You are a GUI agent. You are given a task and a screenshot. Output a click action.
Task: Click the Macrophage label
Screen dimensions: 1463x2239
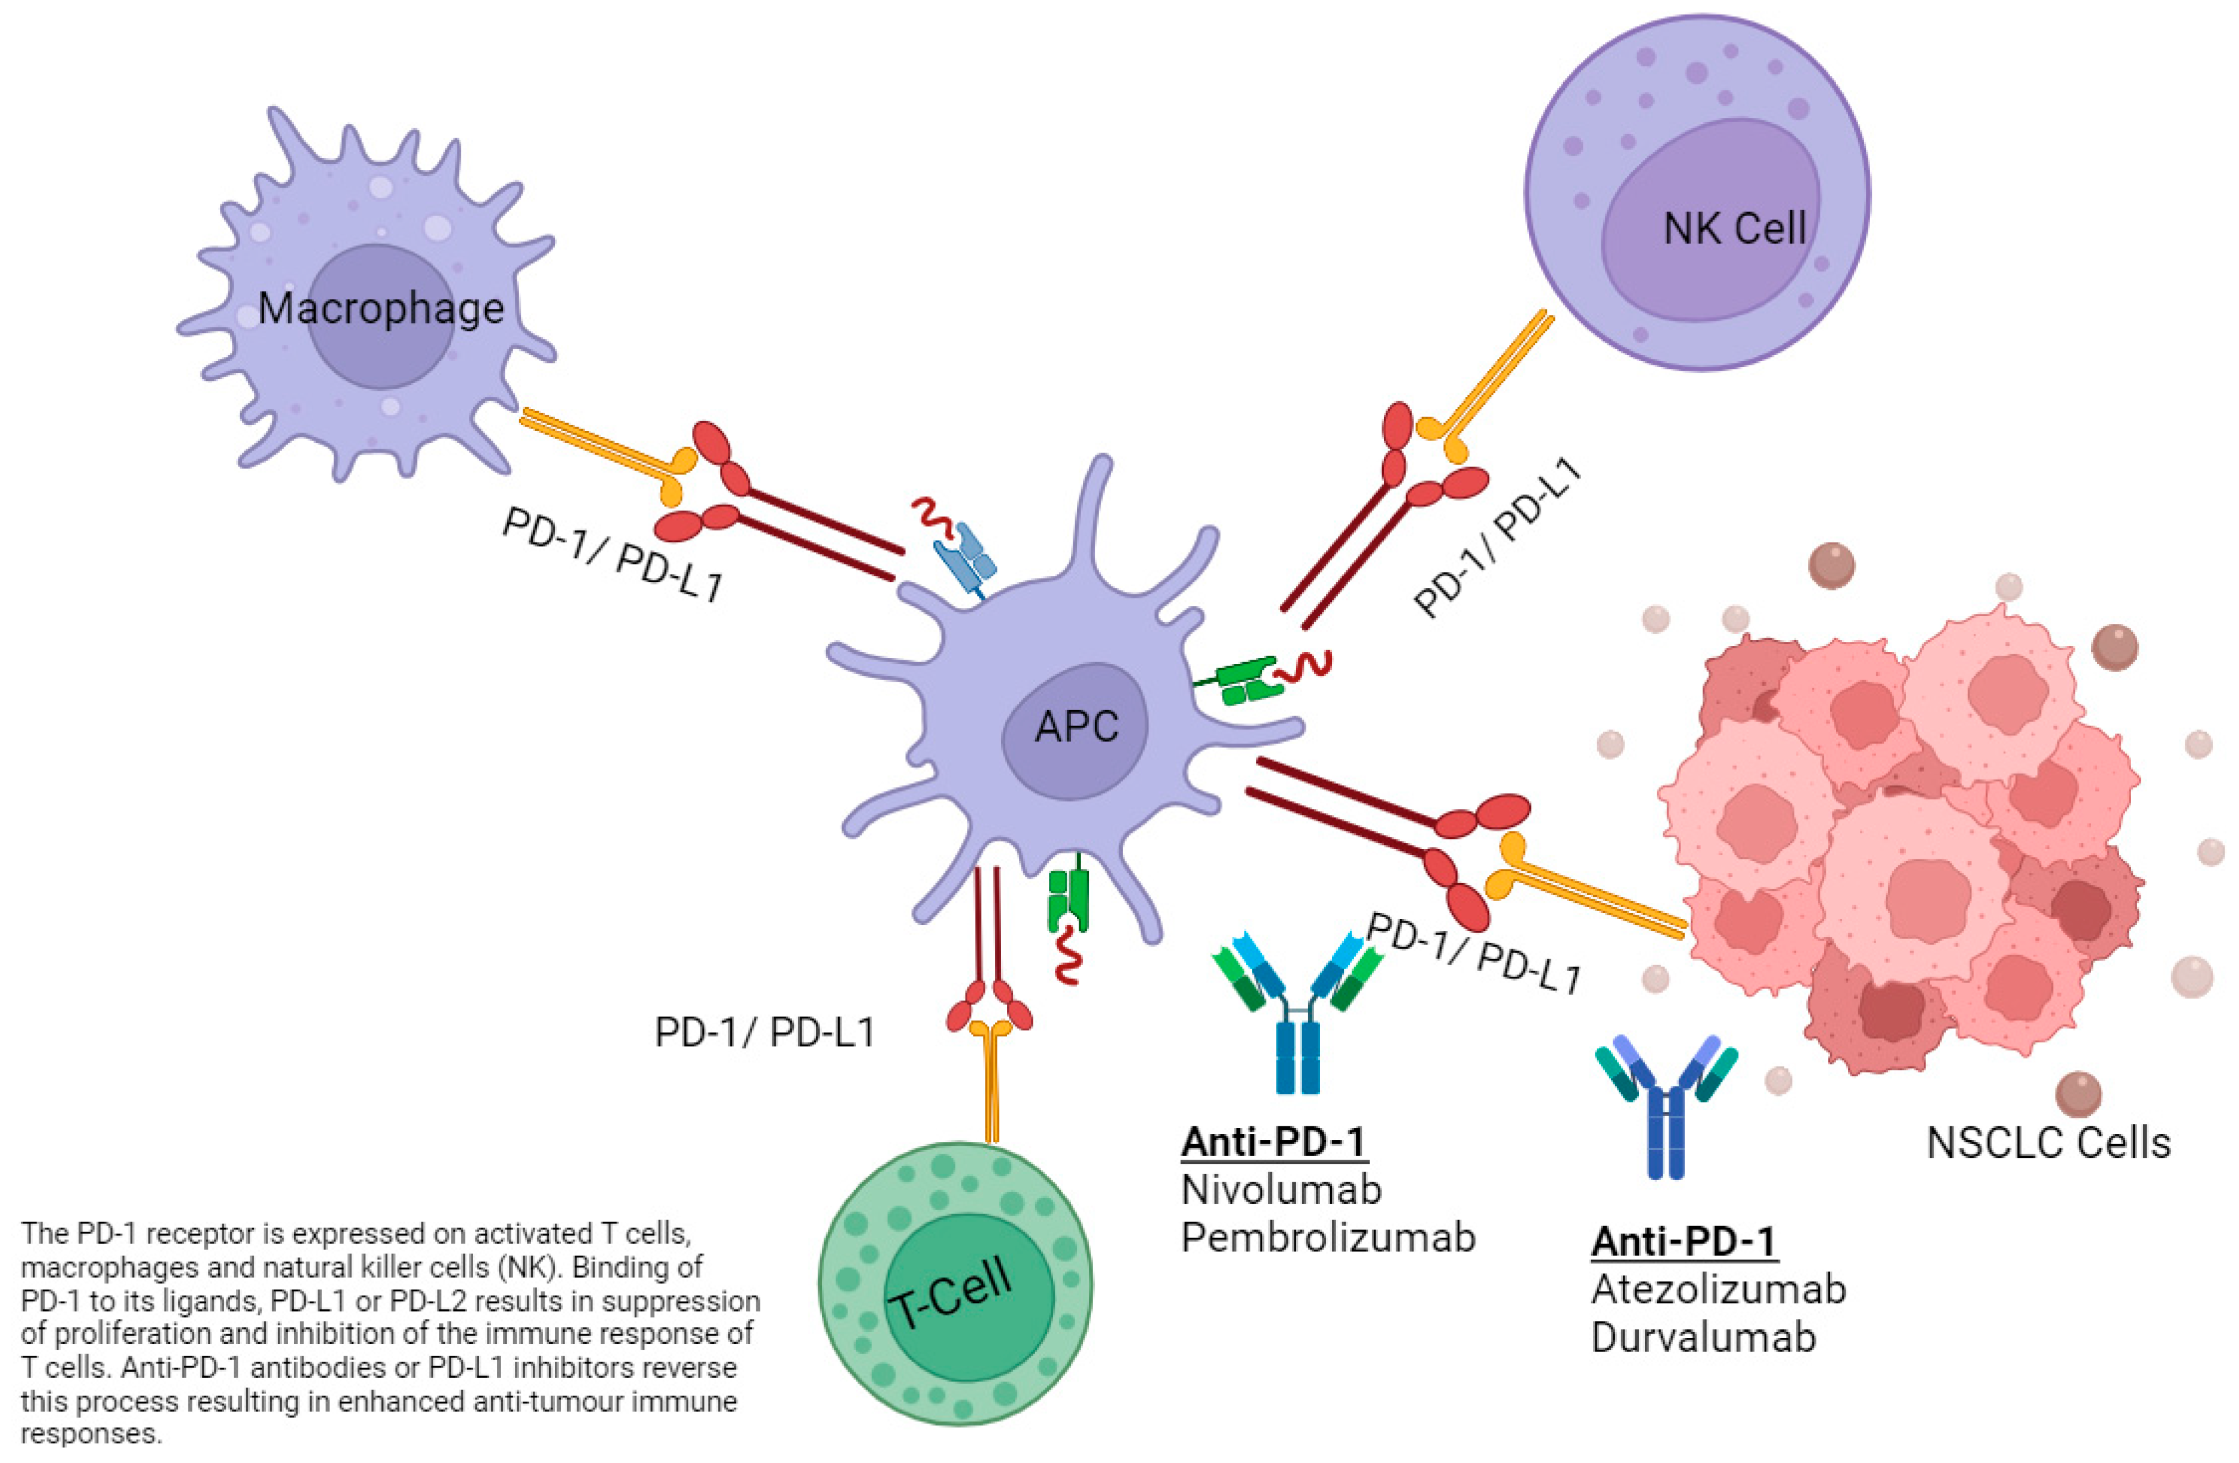pos(381,309)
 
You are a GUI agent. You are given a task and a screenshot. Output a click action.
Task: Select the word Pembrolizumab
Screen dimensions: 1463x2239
pos(1327,1238)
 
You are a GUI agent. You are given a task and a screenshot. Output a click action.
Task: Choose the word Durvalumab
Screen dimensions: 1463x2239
pos(1703,1337)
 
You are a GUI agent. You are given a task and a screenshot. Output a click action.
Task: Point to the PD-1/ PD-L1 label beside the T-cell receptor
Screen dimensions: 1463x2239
pos(764,1033)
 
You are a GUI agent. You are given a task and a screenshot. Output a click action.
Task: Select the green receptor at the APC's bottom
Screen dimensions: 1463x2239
pos(1069,899)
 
